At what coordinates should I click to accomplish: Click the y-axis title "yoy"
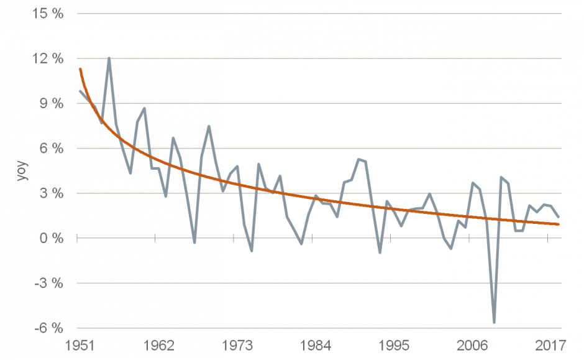point(22,171)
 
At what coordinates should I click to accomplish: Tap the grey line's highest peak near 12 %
point(109,58)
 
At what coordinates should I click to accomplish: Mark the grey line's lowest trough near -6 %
point(494,322)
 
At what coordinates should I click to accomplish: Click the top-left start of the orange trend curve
point(80,68)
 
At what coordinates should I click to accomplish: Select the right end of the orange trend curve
point(559,224)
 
